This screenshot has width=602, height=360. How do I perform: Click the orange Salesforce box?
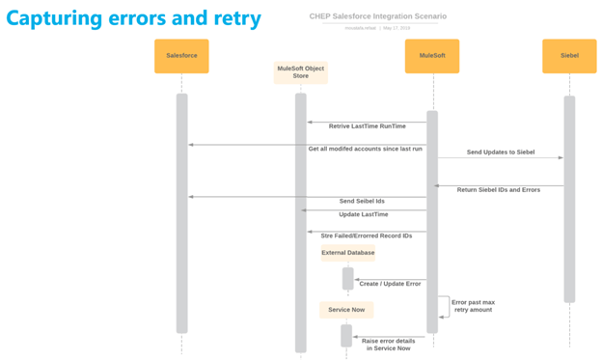coord(181,56)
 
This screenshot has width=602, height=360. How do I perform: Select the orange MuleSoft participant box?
coord(431,56)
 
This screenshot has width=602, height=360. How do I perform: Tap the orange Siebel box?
coord(569,56)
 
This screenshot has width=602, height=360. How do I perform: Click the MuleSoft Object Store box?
coord(301,72)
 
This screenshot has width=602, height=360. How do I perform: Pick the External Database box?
coord(347,253)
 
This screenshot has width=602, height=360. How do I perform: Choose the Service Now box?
coord(346,310)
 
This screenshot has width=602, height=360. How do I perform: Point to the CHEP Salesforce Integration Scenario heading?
coord(378,16)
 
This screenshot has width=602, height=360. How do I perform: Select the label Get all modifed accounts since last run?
coord(366,150)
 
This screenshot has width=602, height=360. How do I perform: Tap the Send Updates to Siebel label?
coord(500,152)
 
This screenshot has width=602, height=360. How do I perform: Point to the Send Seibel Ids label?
coord(362,202)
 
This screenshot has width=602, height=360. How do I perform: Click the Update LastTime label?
coord(363,214)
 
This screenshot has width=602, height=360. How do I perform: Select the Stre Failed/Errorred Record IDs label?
coord(366,235)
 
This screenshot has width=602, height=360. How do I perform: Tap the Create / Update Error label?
coord(390,284)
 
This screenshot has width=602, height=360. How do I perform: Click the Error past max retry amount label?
coord(473,307)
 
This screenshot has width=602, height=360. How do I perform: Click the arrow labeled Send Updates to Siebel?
coord(500,159)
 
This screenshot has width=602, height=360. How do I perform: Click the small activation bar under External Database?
coord(347,278)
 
